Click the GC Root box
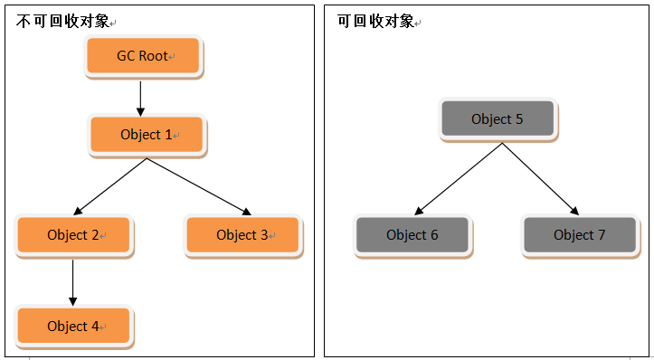(x=143, y=56)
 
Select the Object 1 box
(x=147, y=135)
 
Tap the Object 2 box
(x=73, y=235)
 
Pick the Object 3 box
(x=242, y=235)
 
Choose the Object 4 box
(x=73, y=326)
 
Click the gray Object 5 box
(x=497, y=119)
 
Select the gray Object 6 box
(x=412, y=235)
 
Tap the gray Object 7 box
(x=580, y=235)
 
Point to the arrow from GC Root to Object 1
(x=141, y=96)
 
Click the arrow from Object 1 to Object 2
(x=110, y=186)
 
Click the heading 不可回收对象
(x=61, y=21)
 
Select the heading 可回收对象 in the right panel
(x=374, y=21)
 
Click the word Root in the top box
(x=154, y=56)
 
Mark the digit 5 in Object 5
(x=518, y=119)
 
